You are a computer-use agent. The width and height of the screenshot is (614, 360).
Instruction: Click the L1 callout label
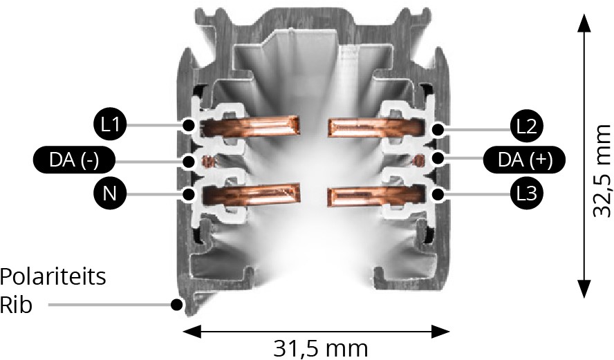click(x=110, y=125)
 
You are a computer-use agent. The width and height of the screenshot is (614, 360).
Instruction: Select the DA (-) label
click(x=73, y=160)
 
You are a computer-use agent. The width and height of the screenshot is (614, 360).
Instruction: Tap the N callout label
click(x=110, y=193)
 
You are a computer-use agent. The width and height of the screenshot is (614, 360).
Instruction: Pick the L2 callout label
click(x=527, y=126)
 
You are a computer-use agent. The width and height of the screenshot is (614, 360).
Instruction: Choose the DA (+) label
click(x=525, y=159)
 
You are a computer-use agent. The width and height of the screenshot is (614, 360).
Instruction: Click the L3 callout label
click(x=527, y=193)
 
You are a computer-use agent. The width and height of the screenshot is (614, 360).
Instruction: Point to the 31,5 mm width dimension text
click(x=320, y=348)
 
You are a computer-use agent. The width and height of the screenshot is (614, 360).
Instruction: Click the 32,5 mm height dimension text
click(x=601, y=171)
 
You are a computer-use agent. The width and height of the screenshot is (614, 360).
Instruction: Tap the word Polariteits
click(x=53, y=277)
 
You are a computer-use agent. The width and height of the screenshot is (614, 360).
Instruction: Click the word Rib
click(x=16, y=305)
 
